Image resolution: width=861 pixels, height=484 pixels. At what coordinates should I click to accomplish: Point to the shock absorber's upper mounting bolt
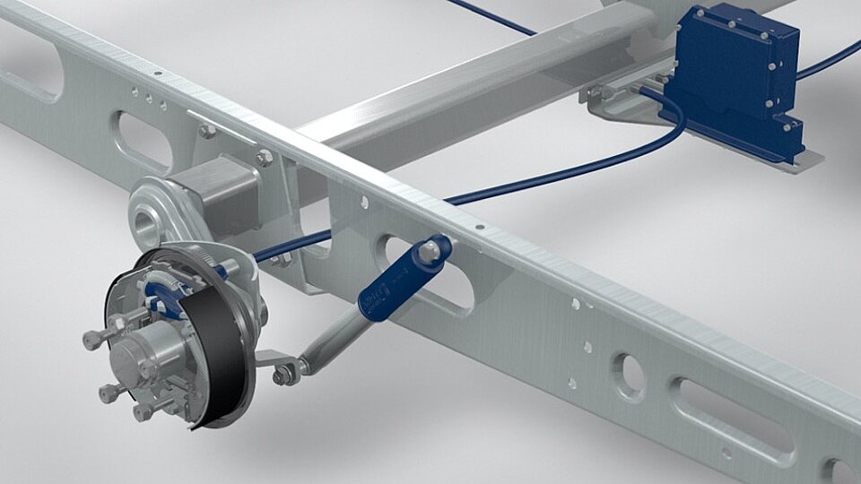pyautogui.click(x=436, y=250)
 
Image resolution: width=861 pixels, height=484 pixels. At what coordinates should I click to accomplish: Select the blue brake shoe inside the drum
pyautogui.click(x=166, y=291)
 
